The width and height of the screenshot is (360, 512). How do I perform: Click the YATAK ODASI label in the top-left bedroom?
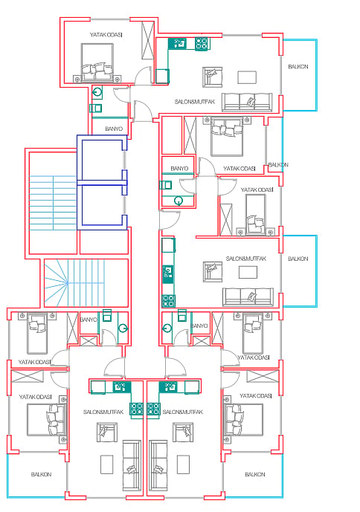click(x=106, y=35)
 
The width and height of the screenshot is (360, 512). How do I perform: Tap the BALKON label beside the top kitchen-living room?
click(x=298, y=67)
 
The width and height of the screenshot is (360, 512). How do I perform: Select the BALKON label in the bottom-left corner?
click(x=41, y=474)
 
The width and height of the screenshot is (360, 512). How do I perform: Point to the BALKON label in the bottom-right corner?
click(x=255, y=474)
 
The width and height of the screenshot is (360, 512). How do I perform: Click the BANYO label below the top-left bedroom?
click(x=114, y=129)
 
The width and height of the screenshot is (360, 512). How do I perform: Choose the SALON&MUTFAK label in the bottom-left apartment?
click(x=103, y=412)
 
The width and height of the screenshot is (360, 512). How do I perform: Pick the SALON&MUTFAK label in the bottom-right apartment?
click(x=183, y=412)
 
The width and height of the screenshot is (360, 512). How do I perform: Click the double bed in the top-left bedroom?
click(x=97, y=62)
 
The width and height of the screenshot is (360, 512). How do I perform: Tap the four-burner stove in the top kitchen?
click(x=202, y=44)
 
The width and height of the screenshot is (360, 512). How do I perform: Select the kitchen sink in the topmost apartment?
click(x=179, y=43)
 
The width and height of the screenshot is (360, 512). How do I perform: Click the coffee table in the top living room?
click(x=247, y=77)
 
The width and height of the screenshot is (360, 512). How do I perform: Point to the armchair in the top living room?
click(x=212, y=77)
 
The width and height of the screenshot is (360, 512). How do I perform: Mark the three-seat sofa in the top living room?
click(x=247, y=102)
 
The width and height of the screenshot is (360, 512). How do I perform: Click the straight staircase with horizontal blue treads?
click(x=53, y=203)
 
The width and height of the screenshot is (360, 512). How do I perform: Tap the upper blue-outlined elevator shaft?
click(x=102, y=159)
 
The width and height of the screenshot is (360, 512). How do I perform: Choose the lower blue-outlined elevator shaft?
click(x=102, y=206)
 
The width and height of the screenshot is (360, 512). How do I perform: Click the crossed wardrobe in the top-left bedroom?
click(x=147, y=40)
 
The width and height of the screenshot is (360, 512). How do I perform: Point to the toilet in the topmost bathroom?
click(x=97, y=92)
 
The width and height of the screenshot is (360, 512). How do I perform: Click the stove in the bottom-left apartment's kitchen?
click(x=137, y=409)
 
